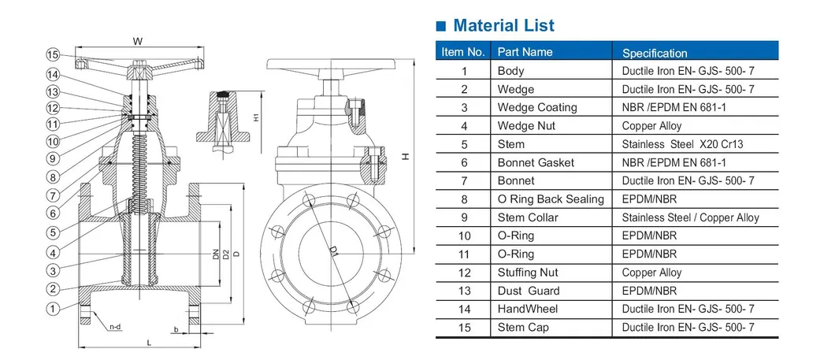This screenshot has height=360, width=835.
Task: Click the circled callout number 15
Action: click(x=53, y=55)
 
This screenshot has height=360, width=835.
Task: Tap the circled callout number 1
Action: click(x=53, y=310)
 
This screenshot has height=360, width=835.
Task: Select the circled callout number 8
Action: click(x=53, y=177)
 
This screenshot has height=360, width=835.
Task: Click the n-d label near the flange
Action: click(x=115, y=325)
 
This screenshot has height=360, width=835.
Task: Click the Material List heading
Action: click(x=504, y=25)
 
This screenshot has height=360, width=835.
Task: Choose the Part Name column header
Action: click(x=525, y=52)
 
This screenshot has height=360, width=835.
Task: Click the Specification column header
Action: click(x=655, y=54)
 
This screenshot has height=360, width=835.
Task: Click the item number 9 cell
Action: click(x=465, y=217)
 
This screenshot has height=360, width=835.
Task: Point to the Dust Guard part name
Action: click(x=529, y=291)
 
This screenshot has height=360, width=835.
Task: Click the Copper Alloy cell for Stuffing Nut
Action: click(x=651, y=273)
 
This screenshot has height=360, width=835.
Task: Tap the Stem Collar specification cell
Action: click(x=690, y=217)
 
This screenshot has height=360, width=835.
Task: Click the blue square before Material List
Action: click(x=441, y=26)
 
